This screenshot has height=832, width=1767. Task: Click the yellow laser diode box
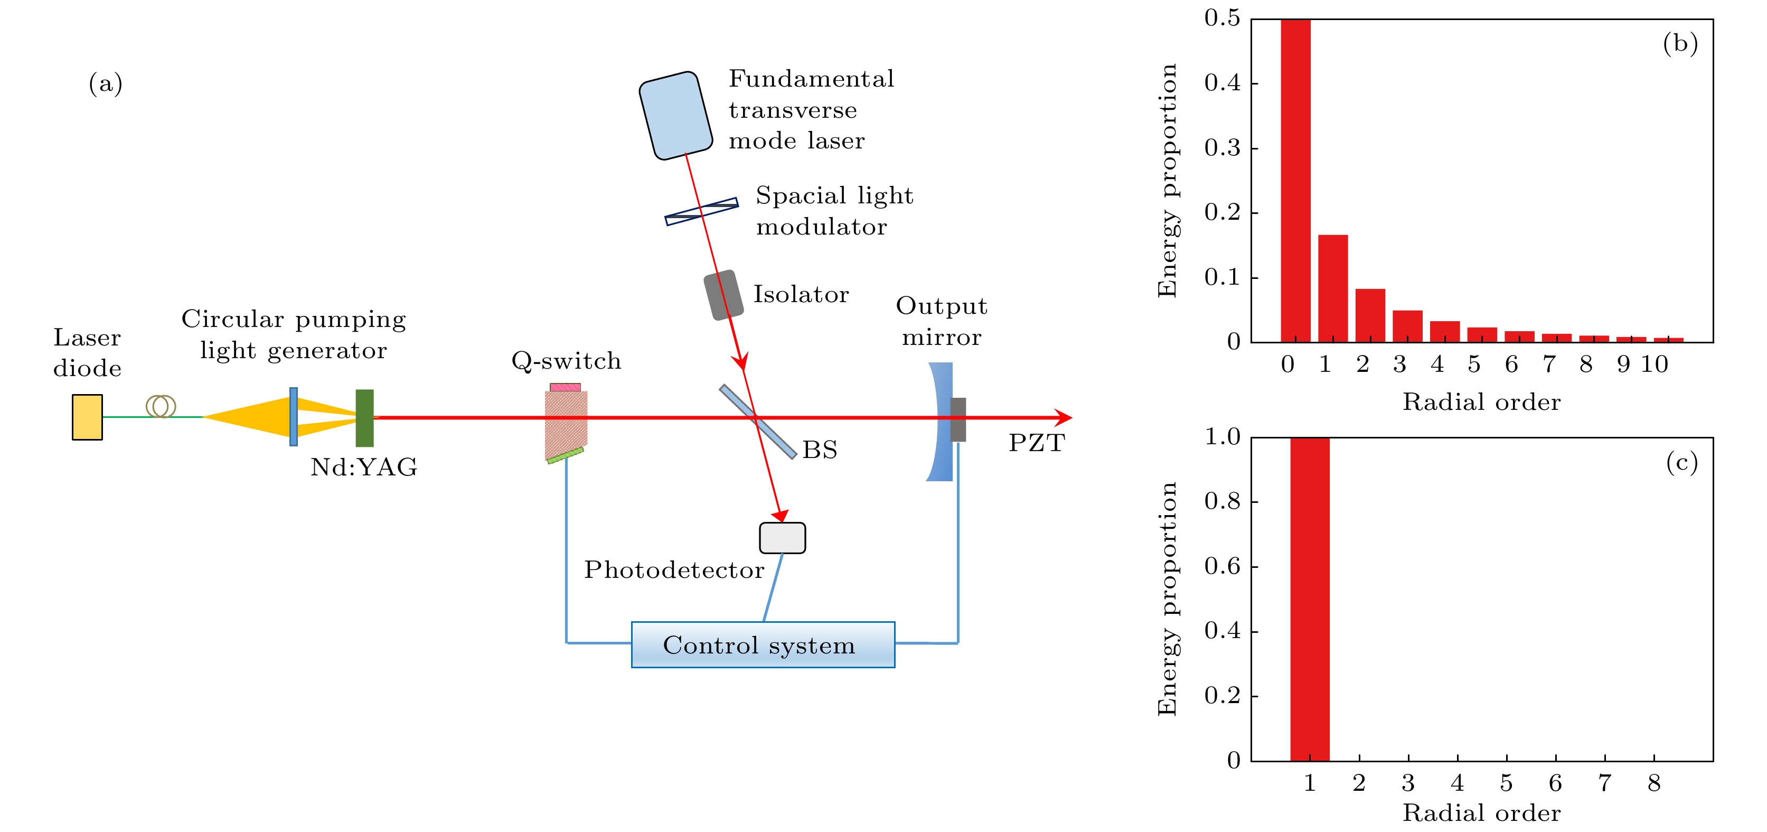point(87,417)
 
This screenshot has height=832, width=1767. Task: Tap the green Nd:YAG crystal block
point(364,418)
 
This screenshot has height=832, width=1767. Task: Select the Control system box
point(763,645)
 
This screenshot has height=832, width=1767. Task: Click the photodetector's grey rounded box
point(782,538)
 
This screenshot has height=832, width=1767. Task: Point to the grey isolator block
point(723,295)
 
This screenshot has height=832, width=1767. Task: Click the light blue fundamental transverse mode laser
point(675,115)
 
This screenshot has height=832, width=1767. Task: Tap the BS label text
point(820,450)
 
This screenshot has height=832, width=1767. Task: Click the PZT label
point(1036,443)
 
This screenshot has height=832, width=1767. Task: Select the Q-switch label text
point(566,361)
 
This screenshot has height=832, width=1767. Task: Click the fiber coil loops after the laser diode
point(161,406)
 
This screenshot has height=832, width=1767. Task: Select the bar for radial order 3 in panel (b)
point(1407,326)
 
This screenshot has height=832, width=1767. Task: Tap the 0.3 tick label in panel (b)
point(1223,147)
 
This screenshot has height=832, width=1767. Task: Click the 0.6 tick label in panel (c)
point(1223,567)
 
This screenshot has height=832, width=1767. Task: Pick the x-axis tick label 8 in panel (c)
point(1654,783)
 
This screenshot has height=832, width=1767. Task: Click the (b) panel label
point(1680,43)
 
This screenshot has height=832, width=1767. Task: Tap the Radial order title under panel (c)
point(1481,813)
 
